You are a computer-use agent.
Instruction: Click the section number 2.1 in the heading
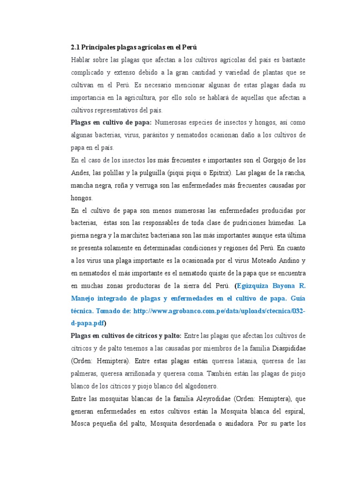pos(75,47)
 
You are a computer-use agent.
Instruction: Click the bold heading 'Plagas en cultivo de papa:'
pos(111,123)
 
